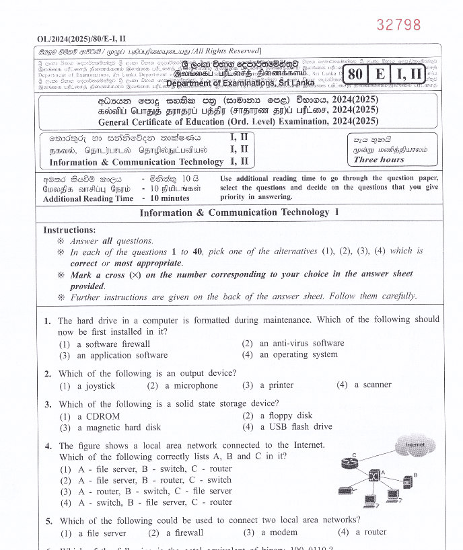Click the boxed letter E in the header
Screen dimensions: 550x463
[380, 74]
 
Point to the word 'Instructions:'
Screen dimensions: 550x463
[69, 230]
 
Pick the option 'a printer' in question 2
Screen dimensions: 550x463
[276, 385]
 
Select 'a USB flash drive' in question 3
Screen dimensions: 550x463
[295, 426]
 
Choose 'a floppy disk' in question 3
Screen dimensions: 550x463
[285, 416]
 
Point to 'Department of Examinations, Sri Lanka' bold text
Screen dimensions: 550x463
[240, 83]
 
